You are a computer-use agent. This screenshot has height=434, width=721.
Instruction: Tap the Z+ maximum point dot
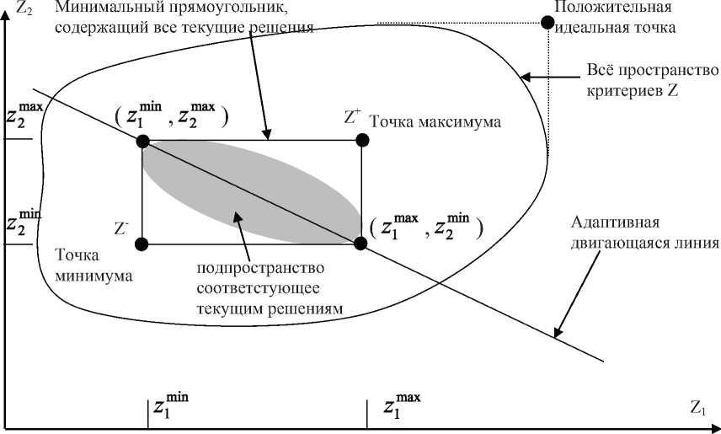click(x=361, y=140)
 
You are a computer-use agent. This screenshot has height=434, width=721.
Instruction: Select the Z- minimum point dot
click(x=142, y=244)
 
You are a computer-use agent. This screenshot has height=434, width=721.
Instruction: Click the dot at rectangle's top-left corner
click(x=142, y=140)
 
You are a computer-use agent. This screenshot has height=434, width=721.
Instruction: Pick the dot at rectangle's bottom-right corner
click(x=361, y=244)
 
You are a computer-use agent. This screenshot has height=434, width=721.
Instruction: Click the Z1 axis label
click(x=697, y=409)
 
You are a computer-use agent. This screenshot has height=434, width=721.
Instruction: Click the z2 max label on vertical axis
click(x=23, y=114)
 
